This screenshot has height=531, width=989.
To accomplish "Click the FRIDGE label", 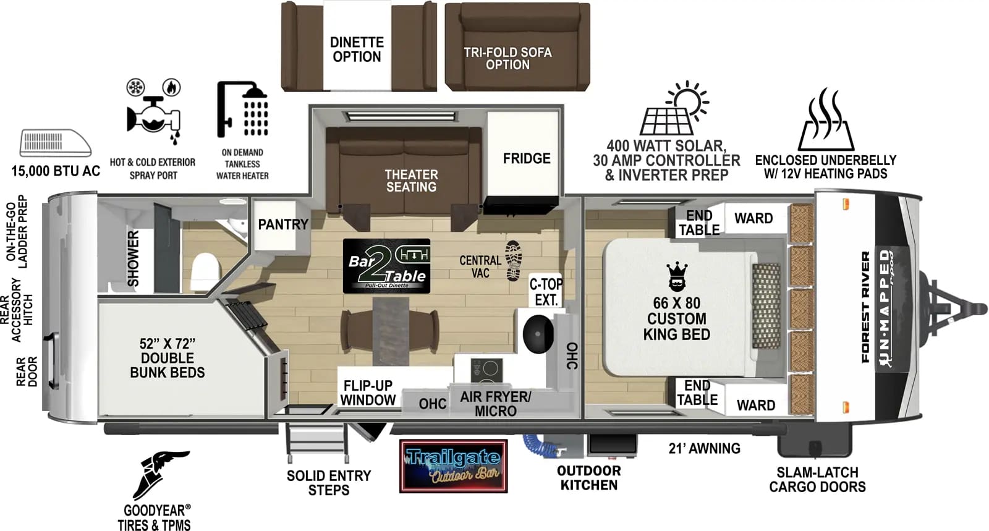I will [x=526, y=159].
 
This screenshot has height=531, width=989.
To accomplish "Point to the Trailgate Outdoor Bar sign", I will [x=453, y=466].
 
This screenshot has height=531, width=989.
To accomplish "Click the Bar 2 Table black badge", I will [x=386, y=266].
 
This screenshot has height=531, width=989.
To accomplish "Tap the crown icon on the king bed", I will [x=677, y=276].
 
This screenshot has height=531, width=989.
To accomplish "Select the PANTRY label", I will [x=282, y=224].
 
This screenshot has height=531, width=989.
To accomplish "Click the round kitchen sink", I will [x=537, y=334].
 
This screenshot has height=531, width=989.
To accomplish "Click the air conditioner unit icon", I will [x=56, y=143].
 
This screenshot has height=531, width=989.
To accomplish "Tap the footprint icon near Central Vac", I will [x=514, y=260].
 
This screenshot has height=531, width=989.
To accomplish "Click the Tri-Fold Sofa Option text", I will [x=507, y=58].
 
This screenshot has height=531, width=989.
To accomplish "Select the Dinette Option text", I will [x=357, y=49].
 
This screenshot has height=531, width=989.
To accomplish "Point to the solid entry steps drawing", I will [x=317, y=443].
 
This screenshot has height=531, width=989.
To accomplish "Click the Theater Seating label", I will [x=411, y=181].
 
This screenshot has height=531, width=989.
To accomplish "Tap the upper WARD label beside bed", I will [x=753, y=218].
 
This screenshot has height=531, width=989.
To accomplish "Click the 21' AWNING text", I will [x=704, y=449].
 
